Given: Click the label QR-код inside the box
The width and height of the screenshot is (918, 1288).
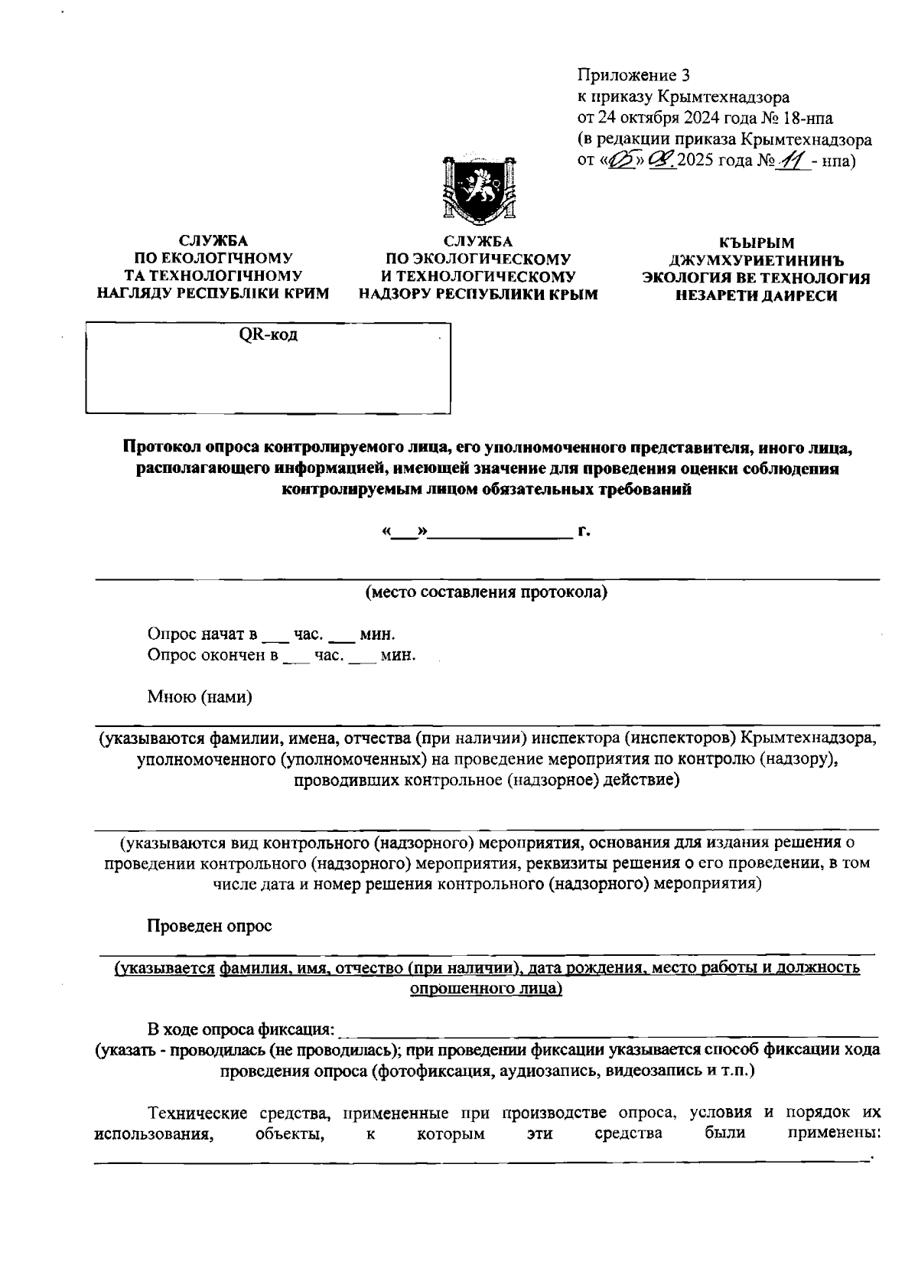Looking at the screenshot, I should point(269,335).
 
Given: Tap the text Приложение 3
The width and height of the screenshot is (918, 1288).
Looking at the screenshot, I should point(633,76).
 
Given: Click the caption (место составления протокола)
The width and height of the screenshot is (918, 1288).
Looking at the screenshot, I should point(487,592).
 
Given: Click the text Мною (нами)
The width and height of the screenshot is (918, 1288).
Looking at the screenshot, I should point(200,696).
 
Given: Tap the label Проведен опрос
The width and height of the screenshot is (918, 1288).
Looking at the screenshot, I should point(210,926).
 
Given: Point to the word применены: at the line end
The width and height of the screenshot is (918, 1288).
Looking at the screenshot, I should point(834,1133).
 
